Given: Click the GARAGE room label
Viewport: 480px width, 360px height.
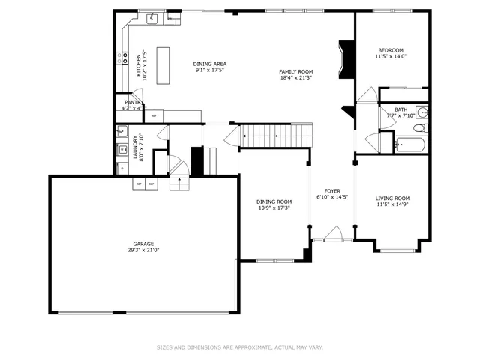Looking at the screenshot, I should click(143, 244).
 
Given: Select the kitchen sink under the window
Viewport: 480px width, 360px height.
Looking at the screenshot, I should click(152, 18).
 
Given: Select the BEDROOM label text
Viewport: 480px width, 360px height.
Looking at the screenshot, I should click(390, 50).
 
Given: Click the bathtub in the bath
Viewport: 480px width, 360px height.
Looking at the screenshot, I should click(409, 143).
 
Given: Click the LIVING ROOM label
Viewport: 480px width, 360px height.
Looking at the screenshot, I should click(392, 199).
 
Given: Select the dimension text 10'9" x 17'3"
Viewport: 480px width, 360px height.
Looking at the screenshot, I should click(274, 208).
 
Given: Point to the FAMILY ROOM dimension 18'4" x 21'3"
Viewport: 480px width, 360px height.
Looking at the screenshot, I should click(295, 77).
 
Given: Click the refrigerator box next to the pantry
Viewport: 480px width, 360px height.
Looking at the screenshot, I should click(154, 115).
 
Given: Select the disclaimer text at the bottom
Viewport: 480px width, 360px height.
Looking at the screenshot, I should click(239, 347).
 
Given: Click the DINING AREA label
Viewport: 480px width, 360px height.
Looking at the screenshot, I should click(210, 64).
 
